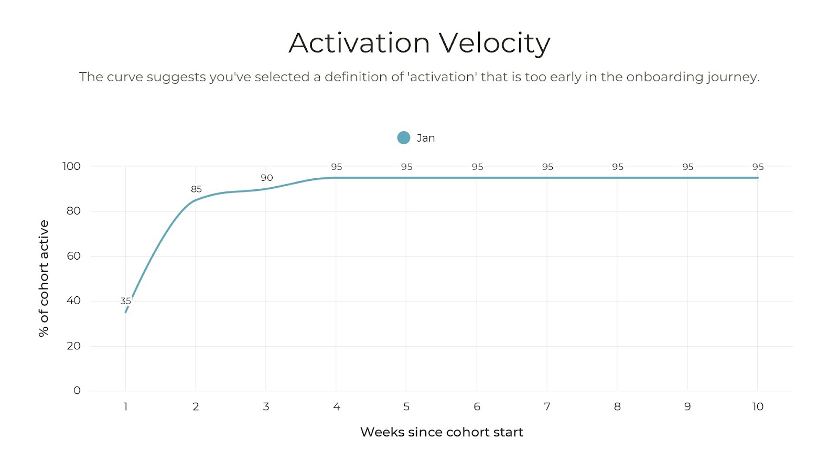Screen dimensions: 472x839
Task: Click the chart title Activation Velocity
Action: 419,43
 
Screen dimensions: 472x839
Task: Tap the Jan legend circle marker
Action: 403,138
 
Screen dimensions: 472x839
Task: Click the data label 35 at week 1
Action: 125,301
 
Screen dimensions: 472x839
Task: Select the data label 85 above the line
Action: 196,189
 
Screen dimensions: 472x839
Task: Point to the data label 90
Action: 266,178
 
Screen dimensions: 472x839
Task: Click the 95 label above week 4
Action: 336,167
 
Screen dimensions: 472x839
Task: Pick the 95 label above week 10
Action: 758,167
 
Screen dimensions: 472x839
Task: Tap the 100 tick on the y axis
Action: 71,166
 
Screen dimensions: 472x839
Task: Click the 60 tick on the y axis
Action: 73,256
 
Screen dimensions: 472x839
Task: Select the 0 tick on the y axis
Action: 77,391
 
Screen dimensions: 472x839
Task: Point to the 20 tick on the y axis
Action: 73,346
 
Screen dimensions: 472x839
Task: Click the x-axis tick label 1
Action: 125,406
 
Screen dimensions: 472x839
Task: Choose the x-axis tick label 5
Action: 406,406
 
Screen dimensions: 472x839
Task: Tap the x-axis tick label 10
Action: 758,406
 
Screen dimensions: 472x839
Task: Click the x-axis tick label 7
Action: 547,406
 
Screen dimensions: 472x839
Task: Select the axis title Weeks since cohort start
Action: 442,432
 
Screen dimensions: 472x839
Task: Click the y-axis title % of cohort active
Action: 44,278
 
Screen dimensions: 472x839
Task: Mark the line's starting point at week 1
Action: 126,312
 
